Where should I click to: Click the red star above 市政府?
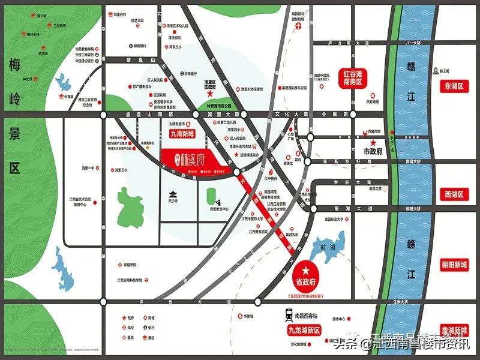point(373,143)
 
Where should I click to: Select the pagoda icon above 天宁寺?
point(174,194)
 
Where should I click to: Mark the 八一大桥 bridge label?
point(414,43)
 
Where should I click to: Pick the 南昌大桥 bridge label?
point(414,161)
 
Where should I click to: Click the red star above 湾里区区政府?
point(209,94)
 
